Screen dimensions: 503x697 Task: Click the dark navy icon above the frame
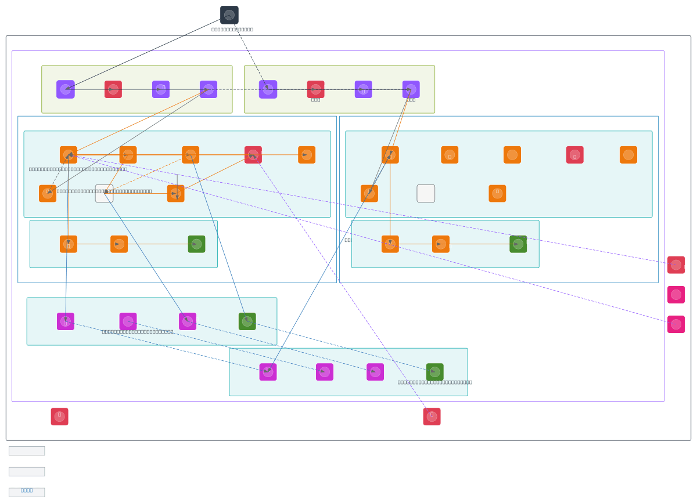(229, 15)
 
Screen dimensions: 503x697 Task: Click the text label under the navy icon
(232, 29)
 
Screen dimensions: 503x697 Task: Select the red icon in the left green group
(113, 89)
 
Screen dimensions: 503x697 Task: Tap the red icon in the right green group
(315, 89)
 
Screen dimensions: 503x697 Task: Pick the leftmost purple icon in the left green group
(66, 89)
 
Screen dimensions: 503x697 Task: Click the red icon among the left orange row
(253, 155)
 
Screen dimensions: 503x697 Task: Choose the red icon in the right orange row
(574, 155)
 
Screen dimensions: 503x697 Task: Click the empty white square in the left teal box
(104, 194)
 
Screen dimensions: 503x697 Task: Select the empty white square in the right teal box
(426, 194)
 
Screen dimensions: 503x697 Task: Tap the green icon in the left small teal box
(196, 244)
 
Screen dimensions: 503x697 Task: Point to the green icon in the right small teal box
(518, 244)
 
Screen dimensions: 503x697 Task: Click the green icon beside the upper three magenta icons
(247, 321)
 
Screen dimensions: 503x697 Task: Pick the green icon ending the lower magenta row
(434, 372)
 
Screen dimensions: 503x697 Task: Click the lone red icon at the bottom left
(59, 417)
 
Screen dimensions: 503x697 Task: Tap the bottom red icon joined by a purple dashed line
(432, 417)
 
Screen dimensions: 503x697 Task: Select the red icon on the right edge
(676, 265)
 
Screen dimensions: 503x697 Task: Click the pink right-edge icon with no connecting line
(676, 295)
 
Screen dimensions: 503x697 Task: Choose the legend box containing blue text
(27, 492)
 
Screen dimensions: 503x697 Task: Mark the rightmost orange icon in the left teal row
(307, 155)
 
